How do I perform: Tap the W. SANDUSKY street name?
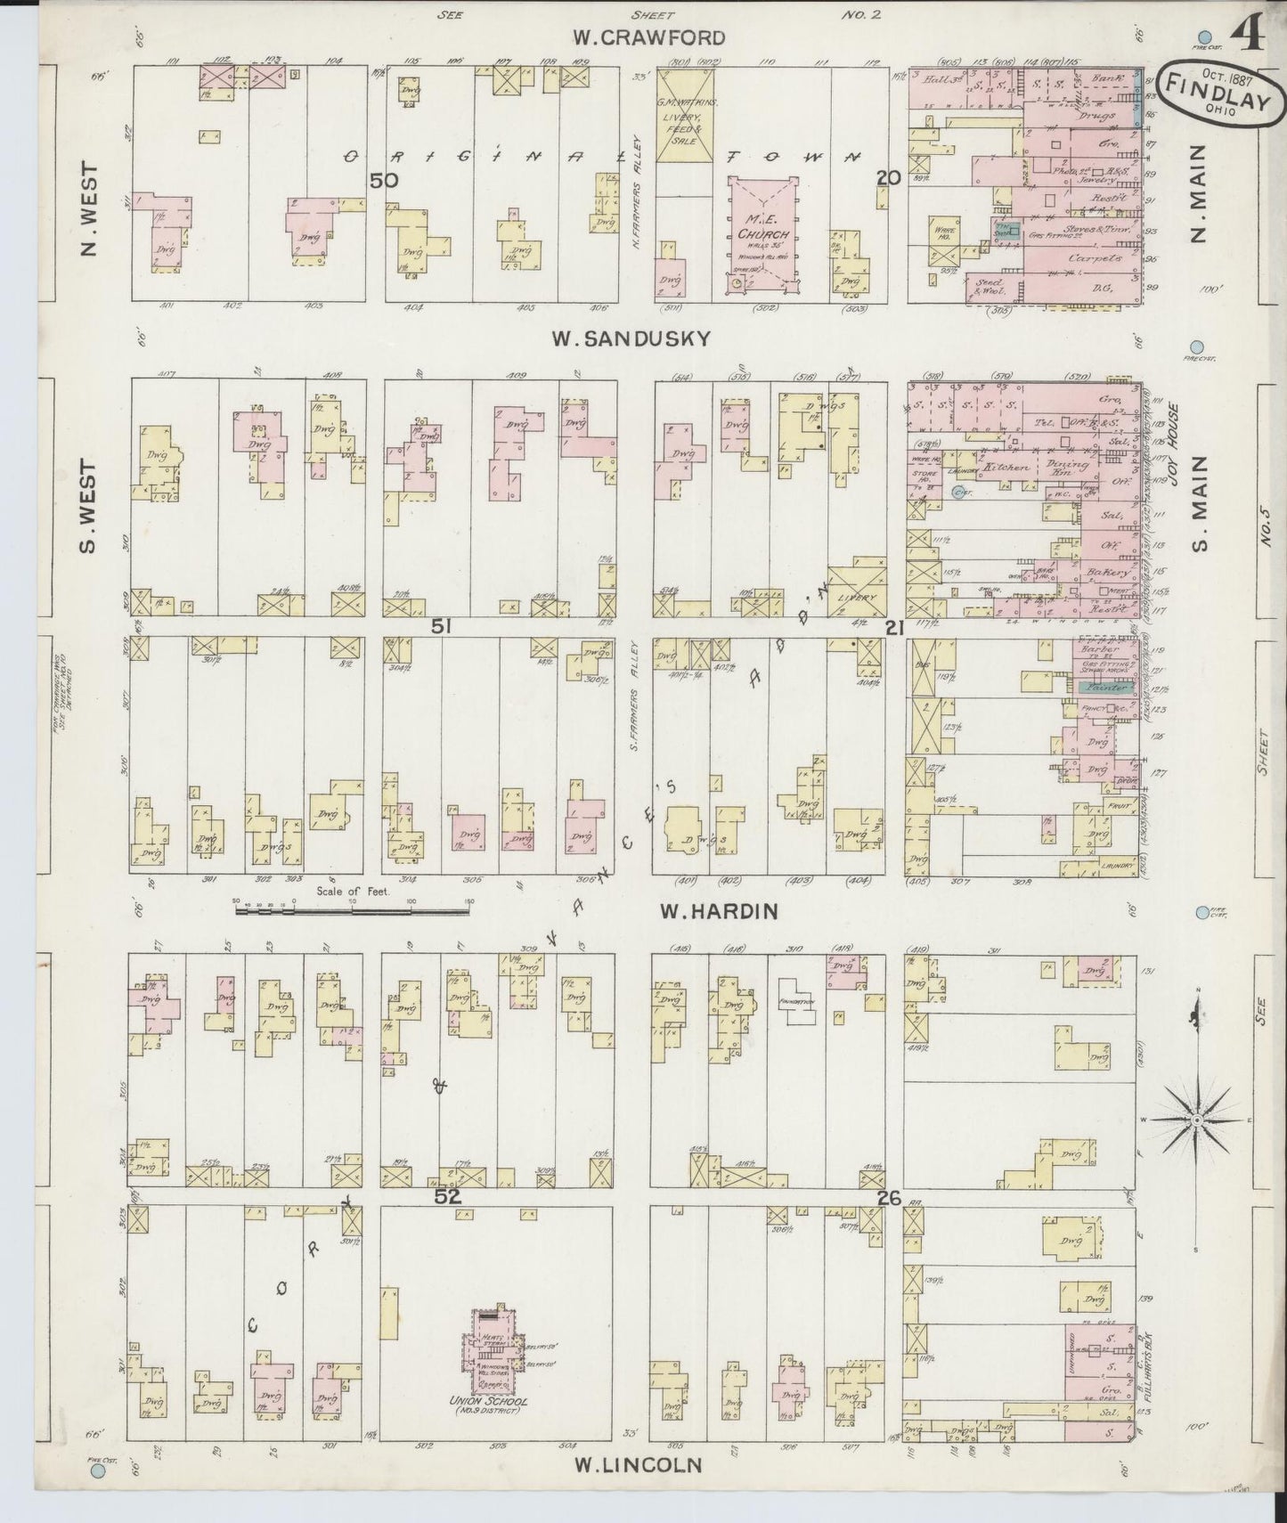(x=631, y=338)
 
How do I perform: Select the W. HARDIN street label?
(x=719, y=911)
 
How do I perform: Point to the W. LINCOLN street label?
(x=638, y=1464)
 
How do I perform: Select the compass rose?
(x=1196, y=1120)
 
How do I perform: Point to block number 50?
(x=385, y=180)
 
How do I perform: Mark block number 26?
(x=888, y=1198)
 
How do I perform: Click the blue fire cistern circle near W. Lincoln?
(x=98, y=1472)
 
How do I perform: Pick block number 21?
(x=894, y=628)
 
